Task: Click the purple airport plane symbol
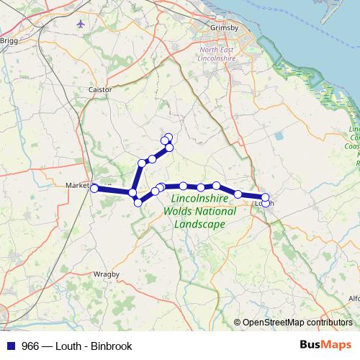tap(79, 24)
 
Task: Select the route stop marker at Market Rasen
tap(94, 188)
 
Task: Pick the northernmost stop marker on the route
tap(169, 137)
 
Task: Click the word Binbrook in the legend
tap(111, 346)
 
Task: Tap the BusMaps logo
tap(325, 346)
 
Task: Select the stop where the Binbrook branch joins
tap(133, 193)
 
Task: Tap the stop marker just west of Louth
tap(238, 194)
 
